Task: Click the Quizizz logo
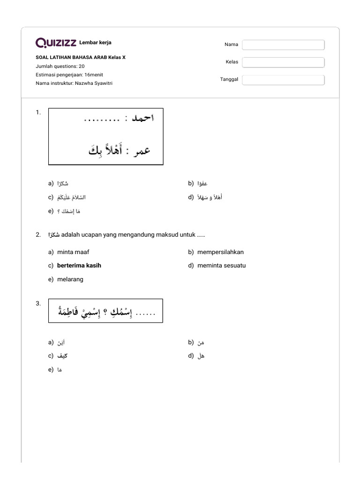click(56, 43)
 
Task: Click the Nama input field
click(283, 45)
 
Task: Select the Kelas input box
click(283, 62)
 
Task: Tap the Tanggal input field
click(283, 80)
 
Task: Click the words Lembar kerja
click(96, 43)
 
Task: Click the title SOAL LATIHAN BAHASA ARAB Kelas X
click(81, 58)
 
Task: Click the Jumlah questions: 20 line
click(60, 66)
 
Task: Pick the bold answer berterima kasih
click(79, 265)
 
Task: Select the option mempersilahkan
click(220, 252)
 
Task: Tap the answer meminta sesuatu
click(221, 265)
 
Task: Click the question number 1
click(38, 112)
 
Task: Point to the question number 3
click(38, 303)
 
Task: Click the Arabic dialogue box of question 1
click(105, 136)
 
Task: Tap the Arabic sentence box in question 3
click(105, 311)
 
